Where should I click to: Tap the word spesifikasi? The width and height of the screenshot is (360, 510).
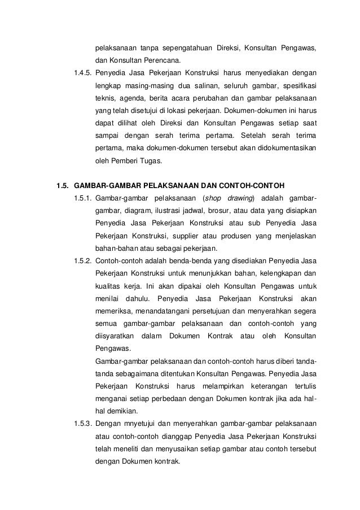[297, 86]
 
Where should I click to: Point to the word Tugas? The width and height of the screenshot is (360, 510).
[148, 161]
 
